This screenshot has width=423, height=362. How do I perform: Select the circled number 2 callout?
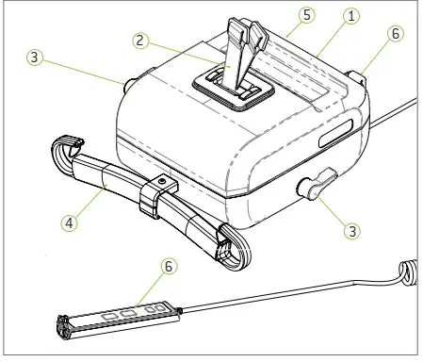pos(138,42)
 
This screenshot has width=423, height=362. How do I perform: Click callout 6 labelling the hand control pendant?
pos(169,267)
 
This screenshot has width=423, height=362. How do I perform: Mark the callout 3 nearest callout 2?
pos(33,58)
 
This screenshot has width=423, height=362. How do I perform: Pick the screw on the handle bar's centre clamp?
pos(163,180)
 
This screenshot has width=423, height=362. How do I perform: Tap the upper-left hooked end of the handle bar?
pos(61,151)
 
